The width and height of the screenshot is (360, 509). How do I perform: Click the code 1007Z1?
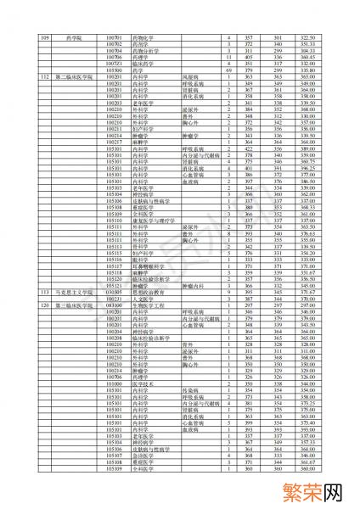pos(114,64)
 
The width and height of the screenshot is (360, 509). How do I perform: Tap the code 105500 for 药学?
pos(114,70)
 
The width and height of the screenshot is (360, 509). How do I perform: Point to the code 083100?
pos(114,305)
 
